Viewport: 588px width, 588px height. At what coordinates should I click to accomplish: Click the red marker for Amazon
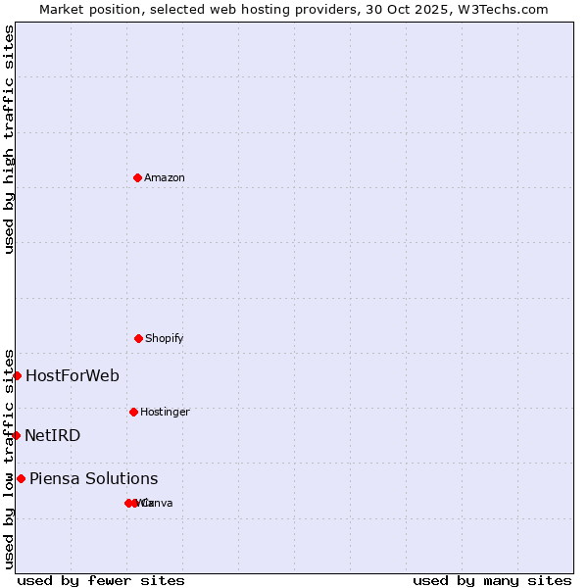[x=137, y=177]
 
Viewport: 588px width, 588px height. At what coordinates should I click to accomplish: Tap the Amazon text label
[x=165, y=177]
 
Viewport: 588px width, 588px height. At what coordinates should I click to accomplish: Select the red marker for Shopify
[x=138, y=338]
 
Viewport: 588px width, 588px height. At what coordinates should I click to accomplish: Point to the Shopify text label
[x=165, y=338]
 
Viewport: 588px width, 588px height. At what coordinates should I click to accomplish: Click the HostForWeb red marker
[x=17, y=375]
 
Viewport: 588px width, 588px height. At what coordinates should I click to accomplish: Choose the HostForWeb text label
[x=73, y=375]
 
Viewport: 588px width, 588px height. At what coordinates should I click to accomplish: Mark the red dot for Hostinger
[x=133, y=412]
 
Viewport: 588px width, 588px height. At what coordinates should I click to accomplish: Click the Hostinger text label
[x=165, y=412]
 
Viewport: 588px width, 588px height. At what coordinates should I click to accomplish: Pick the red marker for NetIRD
[x=16, y=435]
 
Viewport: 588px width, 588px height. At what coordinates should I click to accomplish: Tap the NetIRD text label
[x=53, y=435]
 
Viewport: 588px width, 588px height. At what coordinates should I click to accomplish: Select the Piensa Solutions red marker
[x=21, y=478]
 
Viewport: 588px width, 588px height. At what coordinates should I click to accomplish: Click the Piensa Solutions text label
[x=93, y=478]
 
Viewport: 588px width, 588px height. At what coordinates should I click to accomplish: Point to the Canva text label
[x=159, y=503]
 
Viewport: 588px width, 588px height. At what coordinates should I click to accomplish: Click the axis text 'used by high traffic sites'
[x=9, y=139]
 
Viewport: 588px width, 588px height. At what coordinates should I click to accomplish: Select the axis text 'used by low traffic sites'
[x=9, y=459]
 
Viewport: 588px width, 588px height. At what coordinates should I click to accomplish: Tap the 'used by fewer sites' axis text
[x=101, y=580]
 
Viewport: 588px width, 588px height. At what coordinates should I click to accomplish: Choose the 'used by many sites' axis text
[x=492, y=580]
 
